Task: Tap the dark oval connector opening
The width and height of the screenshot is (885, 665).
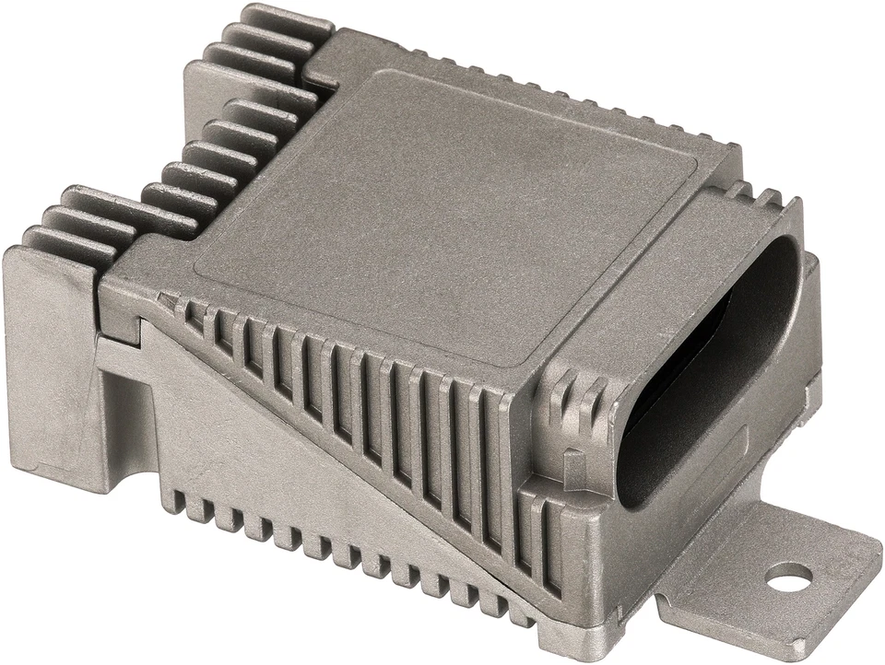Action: point(710,368)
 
